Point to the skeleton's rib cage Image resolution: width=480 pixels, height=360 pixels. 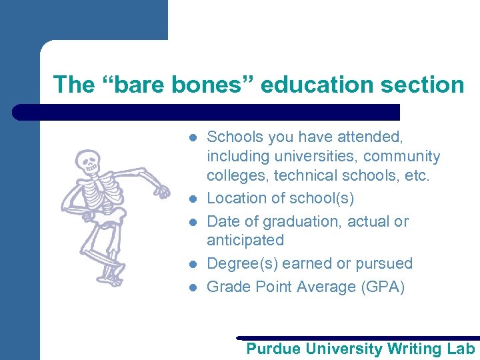[x=102, y=193]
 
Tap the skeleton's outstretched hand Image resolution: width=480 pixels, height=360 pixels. [x=162, y=191]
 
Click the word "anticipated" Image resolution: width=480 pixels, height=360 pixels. [x=245, y=240]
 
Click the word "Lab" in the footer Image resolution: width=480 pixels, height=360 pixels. [x=461, y=349]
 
